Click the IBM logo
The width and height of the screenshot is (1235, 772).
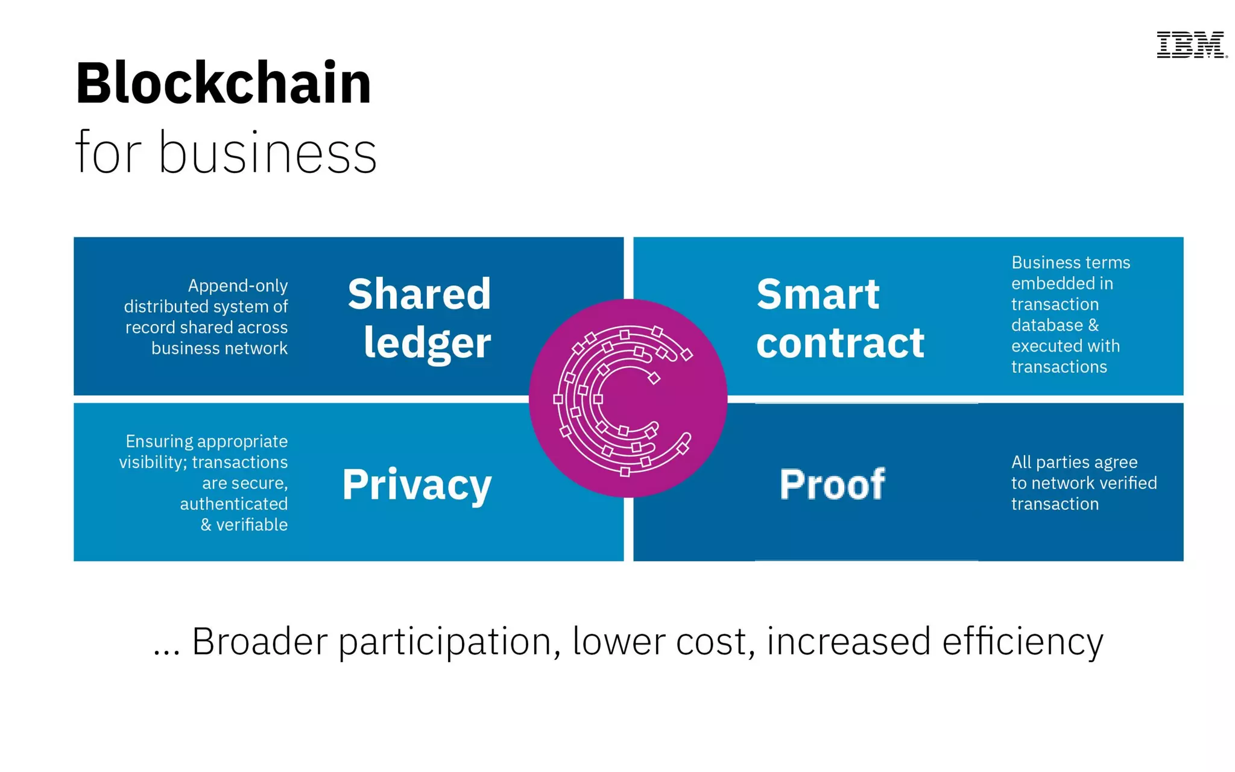pos(1191,45)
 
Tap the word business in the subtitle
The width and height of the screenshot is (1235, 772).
pos(268,153)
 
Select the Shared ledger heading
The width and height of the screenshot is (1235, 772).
pos(420,318)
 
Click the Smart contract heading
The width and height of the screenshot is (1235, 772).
pos(839,318)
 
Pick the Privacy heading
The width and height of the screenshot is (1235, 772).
pos(417,484)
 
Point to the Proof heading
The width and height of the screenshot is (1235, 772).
pos(832,484)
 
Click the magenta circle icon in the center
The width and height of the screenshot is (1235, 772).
pos(628,398)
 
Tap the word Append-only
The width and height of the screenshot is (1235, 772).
pos(238,285)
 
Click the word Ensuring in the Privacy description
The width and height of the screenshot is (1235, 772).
pos(155,441)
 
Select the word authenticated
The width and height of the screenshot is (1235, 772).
pos(234,504)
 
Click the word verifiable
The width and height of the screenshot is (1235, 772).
pos(252,525)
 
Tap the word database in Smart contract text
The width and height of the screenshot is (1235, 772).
pos(1047,325)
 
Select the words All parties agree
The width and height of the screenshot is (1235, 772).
pos(1074,462)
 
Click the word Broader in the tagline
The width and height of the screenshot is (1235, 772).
pos(259,641)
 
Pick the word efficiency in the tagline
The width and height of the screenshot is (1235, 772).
pos(1023,641)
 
